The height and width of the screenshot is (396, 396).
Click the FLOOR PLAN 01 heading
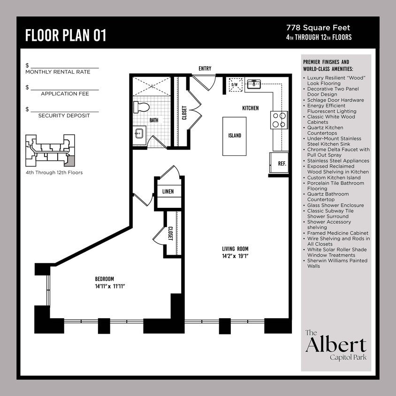pos(66,35)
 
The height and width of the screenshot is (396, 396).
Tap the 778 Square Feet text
pos(318,28)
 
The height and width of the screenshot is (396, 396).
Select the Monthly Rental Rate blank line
pos(64,68)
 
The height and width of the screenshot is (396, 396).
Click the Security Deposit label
pos(64,115)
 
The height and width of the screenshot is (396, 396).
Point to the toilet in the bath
pos(141,107)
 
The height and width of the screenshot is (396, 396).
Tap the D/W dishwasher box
pos(234,85)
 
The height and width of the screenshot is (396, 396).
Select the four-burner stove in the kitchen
pos(279,120)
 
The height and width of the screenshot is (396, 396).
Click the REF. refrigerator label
pos(282,164)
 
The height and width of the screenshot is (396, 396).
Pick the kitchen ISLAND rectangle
pos(235,136)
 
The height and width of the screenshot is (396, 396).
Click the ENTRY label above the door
pos(205,69)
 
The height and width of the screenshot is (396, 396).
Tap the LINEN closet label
pos(168,191)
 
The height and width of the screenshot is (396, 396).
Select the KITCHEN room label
pos(250,108)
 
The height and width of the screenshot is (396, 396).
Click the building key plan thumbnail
pos(50,151)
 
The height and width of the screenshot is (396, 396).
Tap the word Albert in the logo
pos(335,346)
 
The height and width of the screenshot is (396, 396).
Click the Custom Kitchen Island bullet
pos(334,177)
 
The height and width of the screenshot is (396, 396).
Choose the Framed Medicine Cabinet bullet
pos(337,233)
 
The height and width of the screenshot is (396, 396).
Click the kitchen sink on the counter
pos(254,84)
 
